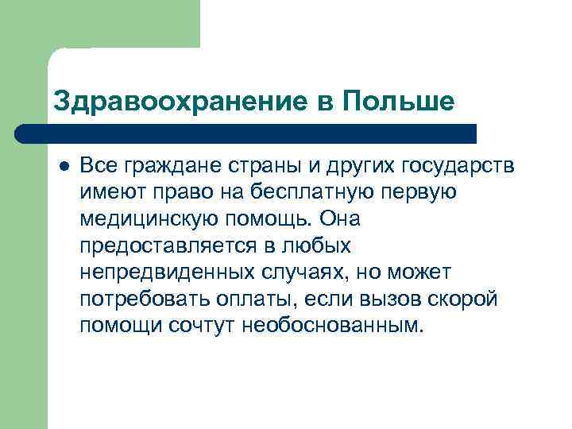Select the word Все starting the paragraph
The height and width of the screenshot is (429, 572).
tap(98, 166)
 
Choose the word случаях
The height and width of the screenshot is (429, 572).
tap(295, 273)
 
